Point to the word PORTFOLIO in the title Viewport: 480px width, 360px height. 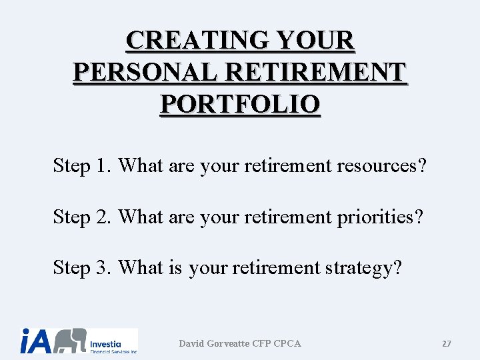(240, 105)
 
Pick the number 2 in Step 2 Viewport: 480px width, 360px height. (102, 217)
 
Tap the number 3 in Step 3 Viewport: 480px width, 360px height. (102, 267)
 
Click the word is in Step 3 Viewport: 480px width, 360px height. (175, 267)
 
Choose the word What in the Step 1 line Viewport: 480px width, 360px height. (141, 165)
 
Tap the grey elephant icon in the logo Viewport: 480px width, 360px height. (69, 341)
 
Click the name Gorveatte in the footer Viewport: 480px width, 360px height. (229, 343)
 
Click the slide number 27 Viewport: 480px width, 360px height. (446, 344)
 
